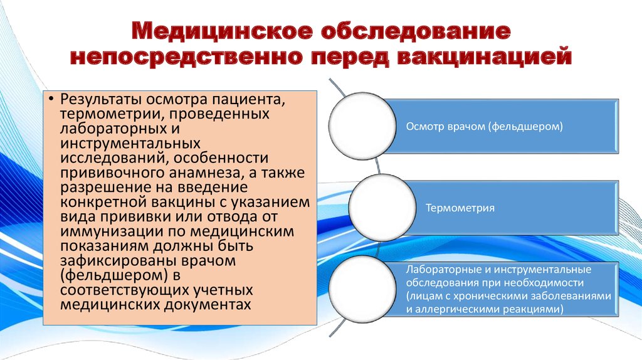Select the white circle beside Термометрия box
coord(382,207)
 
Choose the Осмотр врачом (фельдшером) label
coord(484,126)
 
